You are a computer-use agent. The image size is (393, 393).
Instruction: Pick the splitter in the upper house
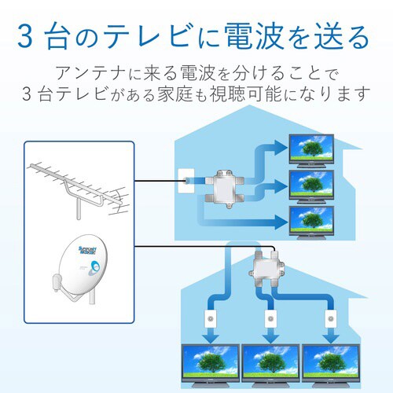click(226, 187)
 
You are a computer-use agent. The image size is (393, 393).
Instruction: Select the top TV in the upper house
click(313, 149)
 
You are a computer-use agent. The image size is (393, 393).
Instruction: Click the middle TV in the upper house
click(313, 185)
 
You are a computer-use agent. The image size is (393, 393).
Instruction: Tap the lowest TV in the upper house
click(313, 222)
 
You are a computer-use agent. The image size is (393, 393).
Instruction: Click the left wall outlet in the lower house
click(210, 322)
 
